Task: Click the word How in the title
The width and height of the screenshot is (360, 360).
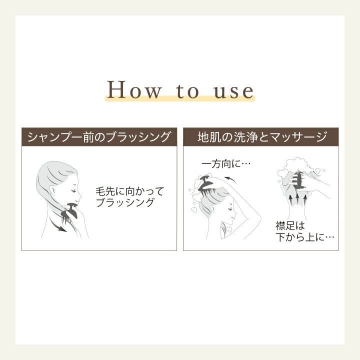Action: (133, 90)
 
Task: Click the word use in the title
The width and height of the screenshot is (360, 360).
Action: (233, 91)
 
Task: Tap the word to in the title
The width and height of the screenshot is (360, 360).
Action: (187, 90)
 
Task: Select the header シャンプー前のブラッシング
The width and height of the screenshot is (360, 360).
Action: (98, 137)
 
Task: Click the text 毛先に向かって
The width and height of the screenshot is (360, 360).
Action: (129, 191)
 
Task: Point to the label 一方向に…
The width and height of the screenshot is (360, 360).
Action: (225, 164)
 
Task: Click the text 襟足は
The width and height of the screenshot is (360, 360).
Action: (290, 225)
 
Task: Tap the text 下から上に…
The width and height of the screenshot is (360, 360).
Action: (305, 237)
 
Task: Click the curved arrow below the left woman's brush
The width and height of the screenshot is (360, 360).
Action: (58, 225)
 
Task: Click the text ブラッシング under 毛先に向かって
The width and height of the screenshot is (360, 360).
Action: (124, 202)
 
